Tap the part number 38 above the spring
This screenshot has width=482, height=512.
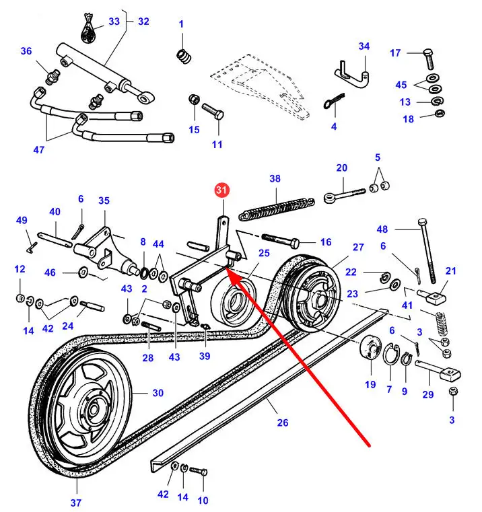275,179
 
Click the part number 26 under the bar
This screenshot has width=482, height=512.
283,423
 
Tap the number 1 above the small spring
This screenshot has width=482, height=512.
181,25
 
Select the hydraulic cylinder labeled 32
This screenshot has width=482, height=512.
101,67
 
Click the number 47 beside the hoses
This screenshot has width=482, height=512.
39,150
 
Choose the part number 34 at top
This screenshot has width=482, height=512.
364,46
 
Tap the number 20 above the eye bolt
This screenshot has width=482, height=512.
342,168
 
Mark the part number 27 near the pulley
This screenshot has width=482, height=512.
358,247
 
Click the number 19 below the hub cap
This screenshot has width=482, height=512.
370,385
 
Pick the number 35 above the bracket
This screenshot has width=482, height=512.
104,200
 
